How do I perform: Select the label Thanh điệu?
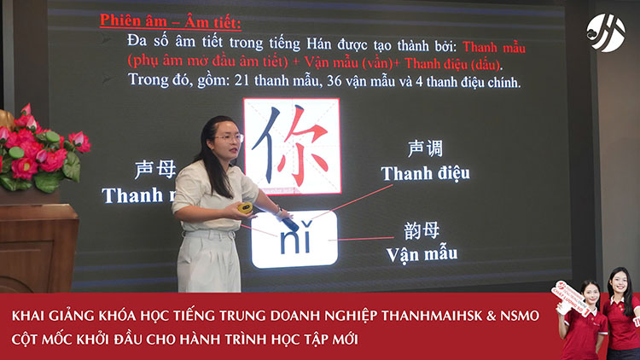(x=425, y=174)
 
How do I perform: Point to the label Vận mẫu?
(x=422, y=253)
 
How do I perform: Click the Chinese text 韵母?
(x=422, y=230)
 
